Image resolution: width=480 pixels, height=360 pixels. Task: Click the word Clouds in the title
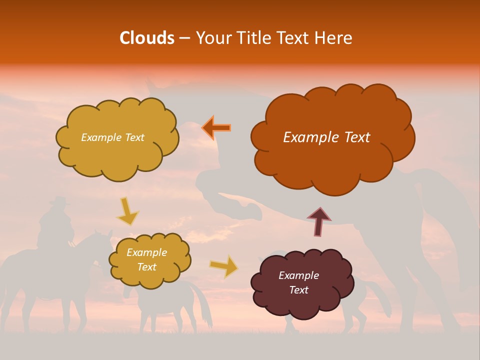click(146, 38)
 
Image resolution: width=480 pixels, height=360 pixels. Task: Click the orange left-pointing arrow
click(216, 127)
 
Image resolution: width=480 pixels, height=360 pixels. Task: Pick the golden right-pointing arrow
click(224, 266)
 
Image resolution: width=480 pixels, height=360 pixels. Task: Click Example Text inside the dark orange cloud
click(326, 137)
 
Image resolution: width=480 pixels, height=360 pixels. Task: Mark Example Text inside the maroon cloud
click(298, 282)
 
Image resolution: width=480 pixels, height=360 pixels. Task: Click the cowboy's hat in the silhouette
click(59, 200)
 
